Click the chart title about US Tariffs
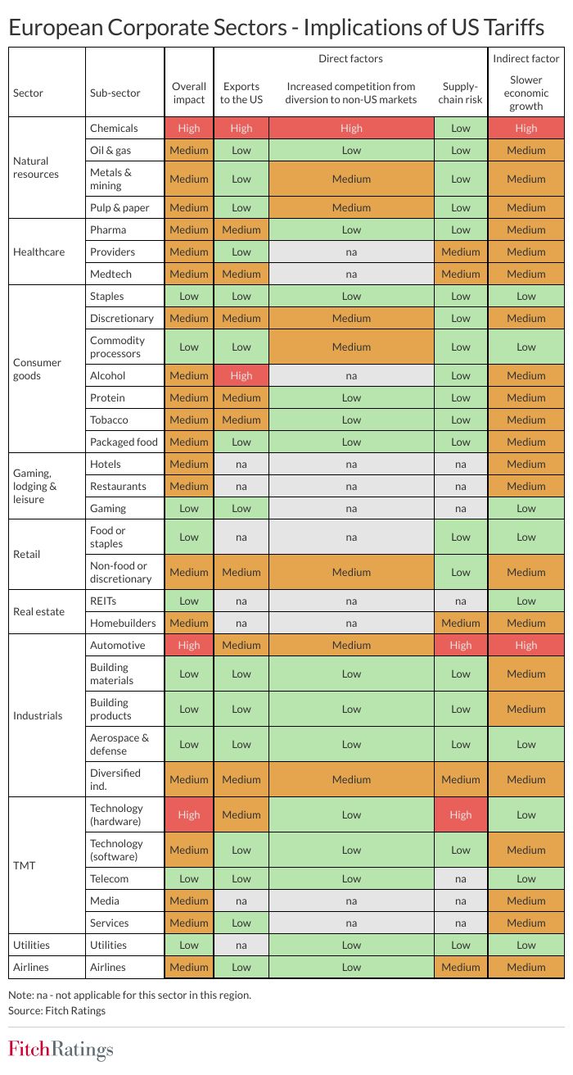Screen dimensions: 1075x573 click(x=276, y=28)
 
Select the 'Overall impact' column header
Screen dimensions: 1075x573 click(x=189, y=93)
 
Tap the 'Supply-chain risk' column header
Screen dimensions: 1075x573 click(x=460, y=93)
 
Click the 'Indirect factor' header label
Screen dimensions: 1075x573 click(x=526, y=58)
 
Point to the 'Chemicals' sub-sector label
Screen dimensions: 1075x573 click(x=114, y=128)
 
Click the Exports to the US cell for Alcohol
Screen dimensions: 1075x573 click(x=241, y=375)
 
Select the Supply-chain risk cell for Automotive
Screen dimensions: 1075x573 click(x=460, y=645)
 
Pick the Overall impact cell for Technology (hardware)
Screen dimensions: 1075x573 click(x=189, y=814)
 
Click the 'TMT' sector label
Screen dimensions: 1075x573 click(x=25, y=865)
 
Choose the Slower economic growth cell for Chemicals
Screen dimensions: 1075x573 click(x=526, y=128)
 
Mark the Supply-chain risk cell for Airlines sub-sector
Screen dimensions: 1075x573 click(x=460, y=967)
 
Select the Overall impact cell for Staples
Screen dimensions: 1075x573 click(x=189, y=296)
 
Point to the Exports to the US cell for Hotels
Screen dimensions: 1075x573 click(x=241, y=464)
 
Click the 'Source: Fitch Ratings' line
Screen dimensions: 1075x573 click(x=56, y=1010)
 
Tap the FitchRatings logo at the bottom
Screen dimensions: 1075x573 click(x=61, y=1050)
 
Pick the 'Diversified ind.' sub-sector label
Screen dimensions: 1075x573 click(x=115, y=779)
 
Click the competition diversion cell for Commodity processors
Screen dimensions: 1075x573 click(x=351, y=347)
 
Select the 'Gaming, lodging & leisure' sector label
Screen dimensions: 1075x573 click(x=35, y=486)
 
